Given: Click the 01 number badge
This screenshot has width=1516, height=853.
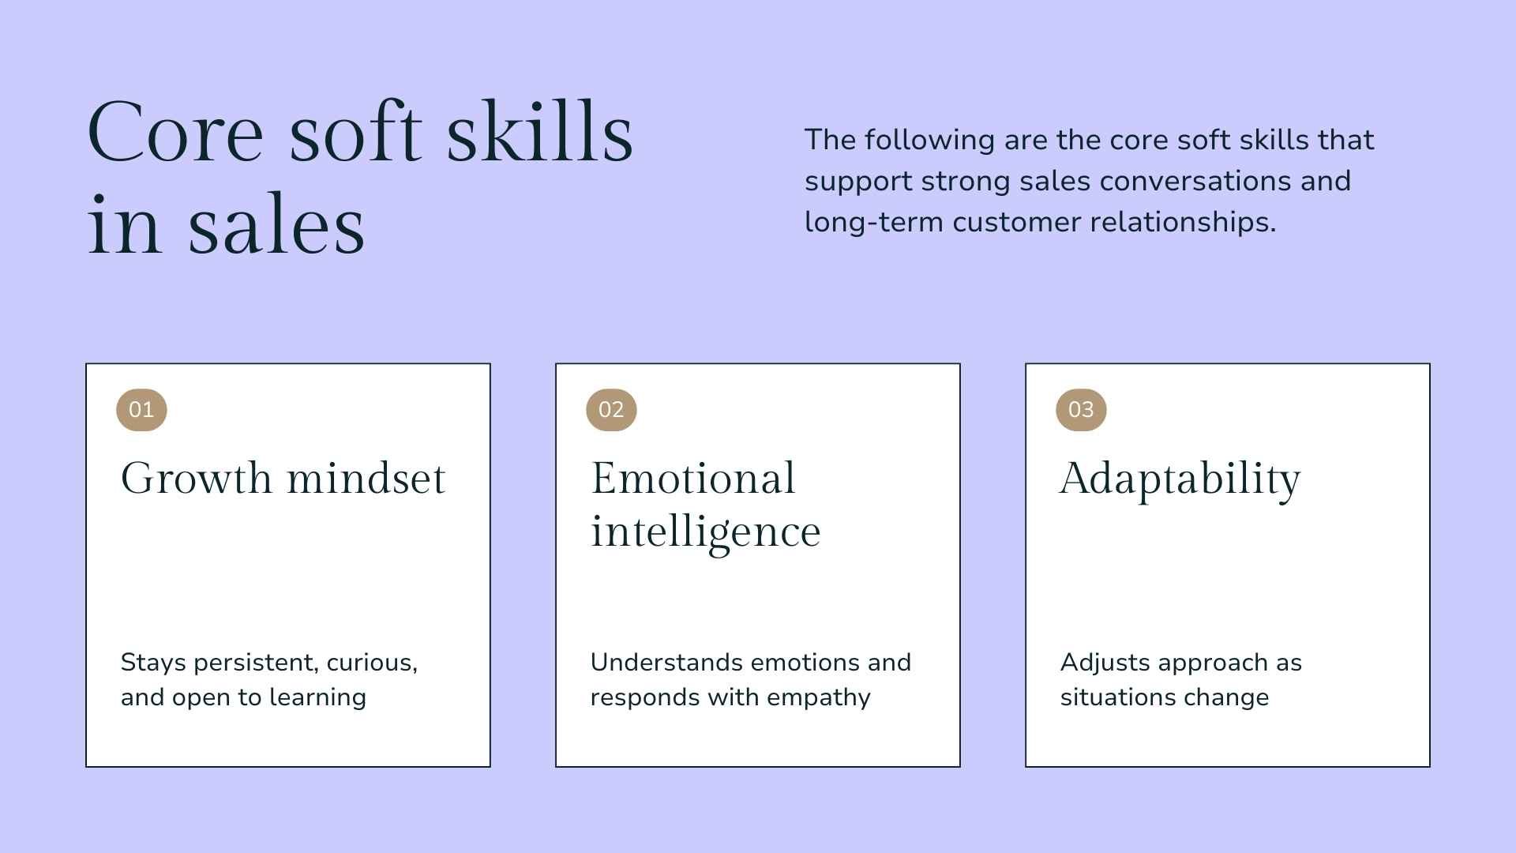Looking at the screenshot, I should (141, 409).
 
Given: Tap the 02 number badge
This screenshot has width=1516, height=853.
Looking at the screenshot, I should (611, 409).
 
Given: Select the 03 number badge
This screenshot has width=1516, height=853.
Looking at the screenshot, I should (1081, 409).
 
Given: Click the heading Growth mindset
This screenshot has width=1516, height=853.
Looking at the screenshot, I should (283, 479).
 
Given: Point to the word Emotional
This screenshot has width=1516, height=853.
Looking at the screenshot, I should (692, 479).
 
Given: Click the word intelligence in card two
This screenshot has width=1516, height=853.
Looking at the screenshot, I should (705, 532).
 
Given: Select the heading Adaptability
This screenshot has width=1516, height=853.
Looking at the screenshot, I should (1180, 479).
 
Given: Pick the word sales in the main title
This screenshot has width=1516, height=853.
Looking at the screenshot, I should (276, 226).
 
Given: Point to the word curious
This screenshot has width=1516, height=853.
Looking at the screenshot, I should (371, 663).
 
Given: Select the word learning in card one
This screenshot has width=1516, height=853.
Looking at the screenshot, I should (317, 697).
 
